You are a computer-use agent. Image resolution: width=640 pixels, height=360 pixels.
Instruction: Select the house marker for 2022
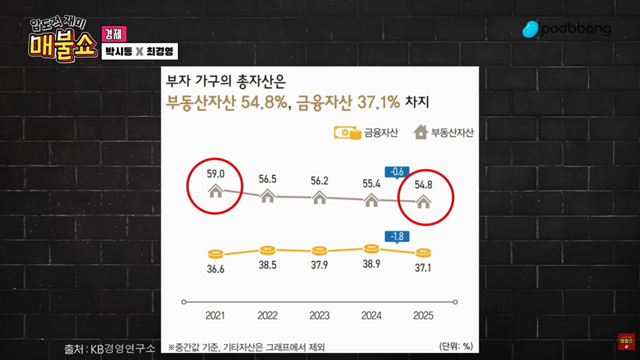tap(267, 196)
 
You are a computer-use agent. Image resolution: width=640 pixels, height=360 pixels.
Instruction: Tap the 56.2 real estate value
tap(319, 180)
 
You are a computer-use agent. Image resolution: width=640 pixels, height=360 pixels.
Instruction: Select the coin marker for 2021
tap(215, 253)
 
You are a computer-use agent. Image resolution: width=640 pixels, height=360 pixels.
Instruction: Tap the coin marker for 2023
tap(319, 250)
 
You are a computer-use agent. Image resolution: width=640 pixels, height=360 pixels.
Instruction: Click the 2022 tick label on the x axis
tap(267, 315)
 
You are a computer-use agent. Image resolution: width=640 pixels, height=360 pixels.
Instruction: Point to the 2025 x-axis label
tap(423, 315)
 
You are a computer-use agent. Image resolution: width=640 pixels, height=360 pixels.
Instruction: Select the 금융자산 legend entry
tap(366, 133)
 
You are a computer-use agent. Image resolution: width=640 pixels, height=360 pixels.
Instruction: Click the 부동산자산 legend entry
tap(444, 133)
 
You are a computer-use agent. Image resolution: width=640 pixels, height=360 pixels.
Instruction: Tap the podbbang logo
tap(566, 29)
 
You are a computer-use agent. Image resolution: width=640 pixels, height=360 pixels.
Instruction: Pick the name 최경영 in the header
tap(162, 53)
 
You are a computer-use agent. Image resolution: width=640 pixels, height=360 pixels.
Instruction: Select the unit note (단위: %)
tap(456, 346)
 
